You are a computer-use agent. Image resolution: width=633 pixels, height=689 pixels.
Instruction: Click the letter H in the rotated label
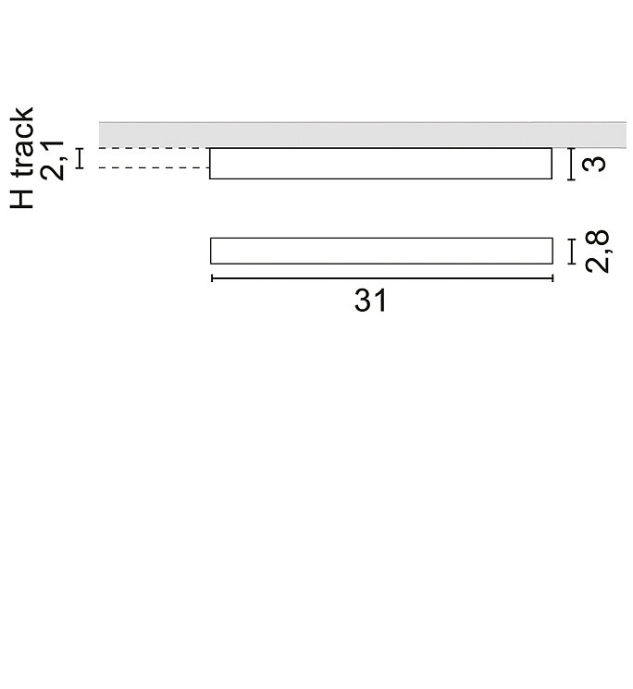click(21, 199)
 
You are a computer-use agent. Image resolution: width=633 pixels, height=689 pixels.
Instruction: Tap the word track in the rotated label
click(21, 141)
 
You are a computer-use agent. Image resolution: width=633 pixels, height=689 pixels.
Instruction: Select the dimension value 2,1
click(53, 161)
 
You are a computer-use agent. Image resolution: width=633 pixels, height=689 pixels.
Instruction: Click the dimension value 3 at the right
click(593, 164)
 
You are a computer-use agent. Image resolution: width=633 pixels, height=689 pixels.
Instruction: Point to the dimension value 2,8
click(598, 252)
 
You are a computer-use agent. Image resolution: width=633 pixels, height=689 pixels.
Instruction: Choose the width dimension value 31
click(370, 301)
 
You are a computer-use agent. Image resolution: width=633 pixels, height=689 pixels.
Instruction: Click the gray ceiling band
click(363, 135)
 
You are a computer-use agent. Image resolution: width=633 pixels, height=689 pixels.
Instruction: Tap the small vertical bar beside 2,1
click(80, 158)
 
